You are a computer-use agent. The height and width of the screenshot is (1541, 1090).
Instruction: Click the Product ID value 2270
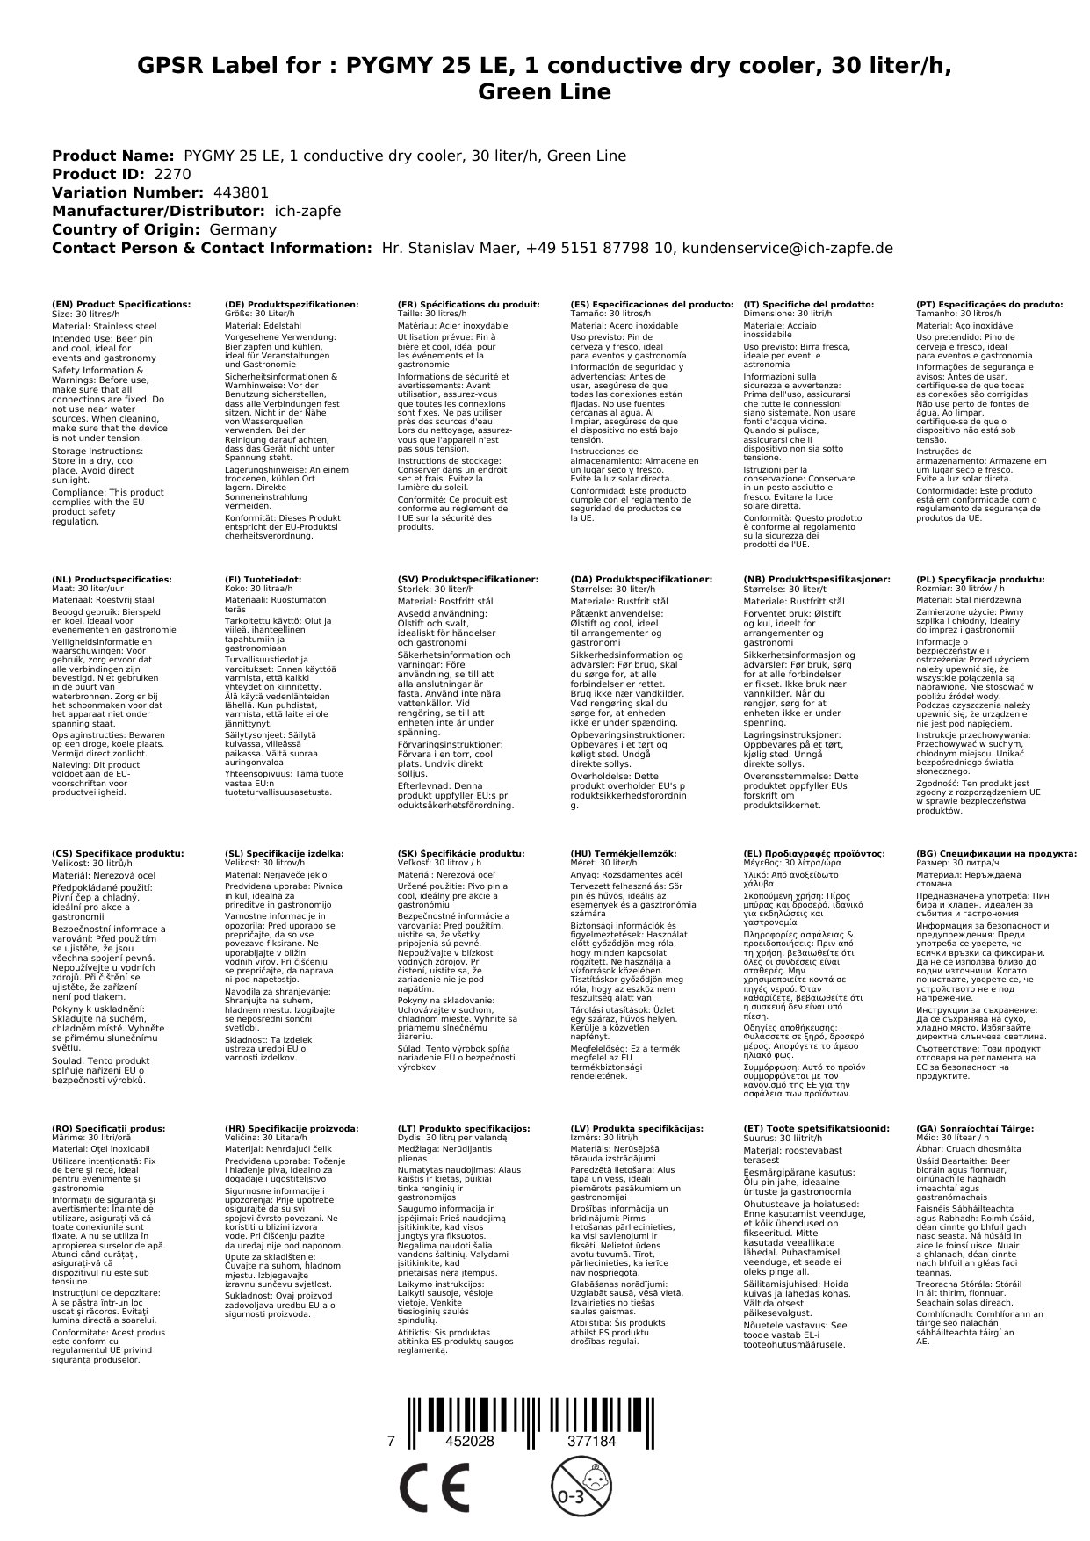point(172,174)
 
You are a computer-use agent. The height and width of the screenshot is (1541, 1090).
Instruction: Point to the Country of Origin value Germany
point(243,229)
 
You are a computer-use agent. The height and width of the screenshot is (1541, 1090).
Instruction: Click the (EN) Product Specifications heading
point(121,304)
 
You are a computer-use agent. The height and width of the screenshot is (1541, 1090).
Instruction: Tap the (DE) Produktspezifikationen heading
point(292,304)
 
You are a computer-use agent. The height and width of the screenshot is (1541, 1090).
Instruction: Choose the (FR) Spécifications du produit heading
point(468,304)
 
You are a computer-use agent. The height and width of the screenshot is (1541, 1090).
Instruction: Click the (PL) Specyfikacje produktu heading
point(980,580)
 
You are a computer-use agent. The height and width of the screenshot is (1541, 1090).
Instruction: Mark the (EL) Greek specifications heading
point(814,853)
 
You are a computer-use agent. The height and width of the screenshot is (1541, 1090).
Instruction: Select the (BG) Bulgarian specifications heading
point(996,853)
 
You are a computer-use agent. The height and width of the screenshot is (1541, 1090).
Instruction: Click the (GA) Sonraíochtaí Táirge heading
point(963,1128)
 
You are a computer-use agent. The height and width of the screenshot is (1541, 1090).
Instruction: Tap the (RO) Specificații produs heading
point(109,1128)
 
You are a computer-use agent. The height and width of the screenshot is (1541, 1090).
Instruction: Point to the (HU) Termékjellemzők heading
point(624,853)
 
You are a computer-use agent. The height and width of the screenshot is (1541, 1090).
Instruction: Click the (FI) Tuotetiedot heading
point(263,580)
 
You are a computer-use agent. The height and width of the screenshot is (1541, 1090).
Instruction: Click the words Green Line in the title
point(545,91)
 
